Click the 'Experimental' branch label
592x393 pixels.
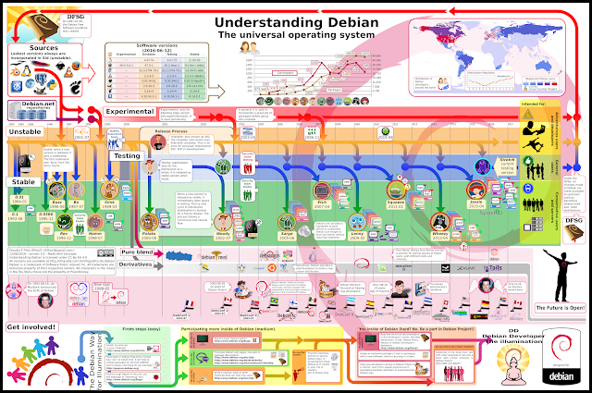117,112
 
